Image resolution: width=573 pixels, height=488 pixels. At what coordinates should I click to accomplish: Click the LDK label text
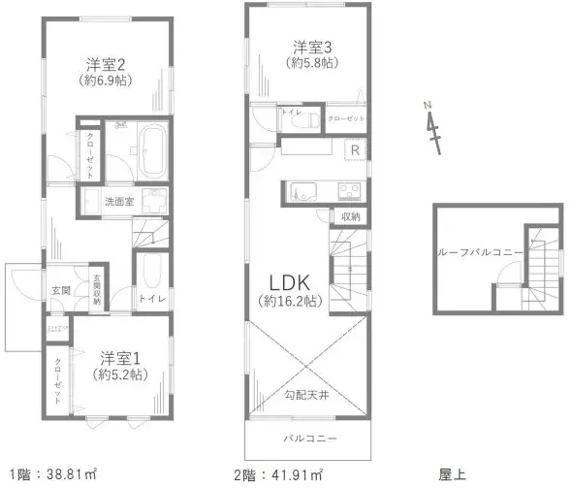point(288,282)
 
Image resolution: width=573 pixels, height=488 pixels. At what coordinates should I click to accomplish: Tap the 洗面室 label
point(126,201)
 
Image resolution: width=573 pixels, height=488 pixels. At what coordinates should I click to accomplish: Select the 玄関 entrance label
point(60,290)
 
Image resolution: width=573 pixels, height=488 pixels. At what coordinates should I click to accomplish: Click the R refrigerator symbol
point(355,149)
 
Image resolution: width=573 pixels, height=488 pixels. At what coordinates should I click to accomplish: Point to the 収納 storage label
point(350,216)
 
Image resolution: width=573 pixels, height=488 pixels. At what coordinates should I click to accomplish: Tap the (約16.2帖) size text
point(288,301)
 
